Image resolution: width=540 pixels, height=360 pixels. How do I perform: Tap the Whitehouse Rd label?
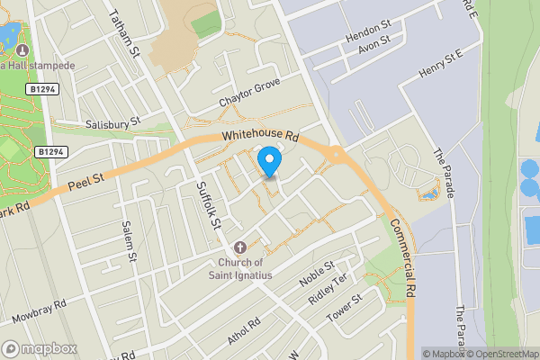tap(261, 135)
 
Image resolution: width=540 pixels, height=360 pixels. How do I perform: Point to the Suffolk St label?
tap(208, 203)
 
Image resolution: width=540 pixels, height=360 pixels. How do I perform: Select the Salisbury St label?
tap(112, 121)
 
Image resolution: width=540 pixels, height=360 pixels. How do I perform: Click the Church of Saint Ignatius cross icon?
tap(240, 247)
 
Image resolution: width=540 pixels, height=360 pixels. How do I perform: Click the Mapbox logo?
tap(40, 348)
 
